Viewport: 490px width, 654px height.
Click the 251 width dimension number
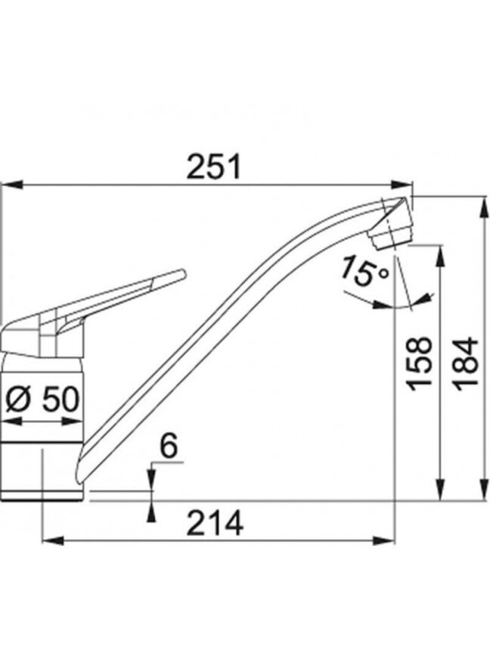click(x=214, y=167)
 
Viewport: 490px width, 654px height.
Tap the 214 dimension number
click(x=215, y=524)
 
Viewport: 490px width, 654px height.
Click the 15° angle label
click(x=364, y=272)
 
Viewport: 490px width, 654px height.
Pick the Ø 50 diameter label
click(x=42, y=400)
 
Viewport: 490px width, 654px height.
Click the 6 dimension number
click(x=169, y=446)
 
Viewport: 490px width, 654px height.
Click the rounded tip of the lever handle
click(x=182, y=273)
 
